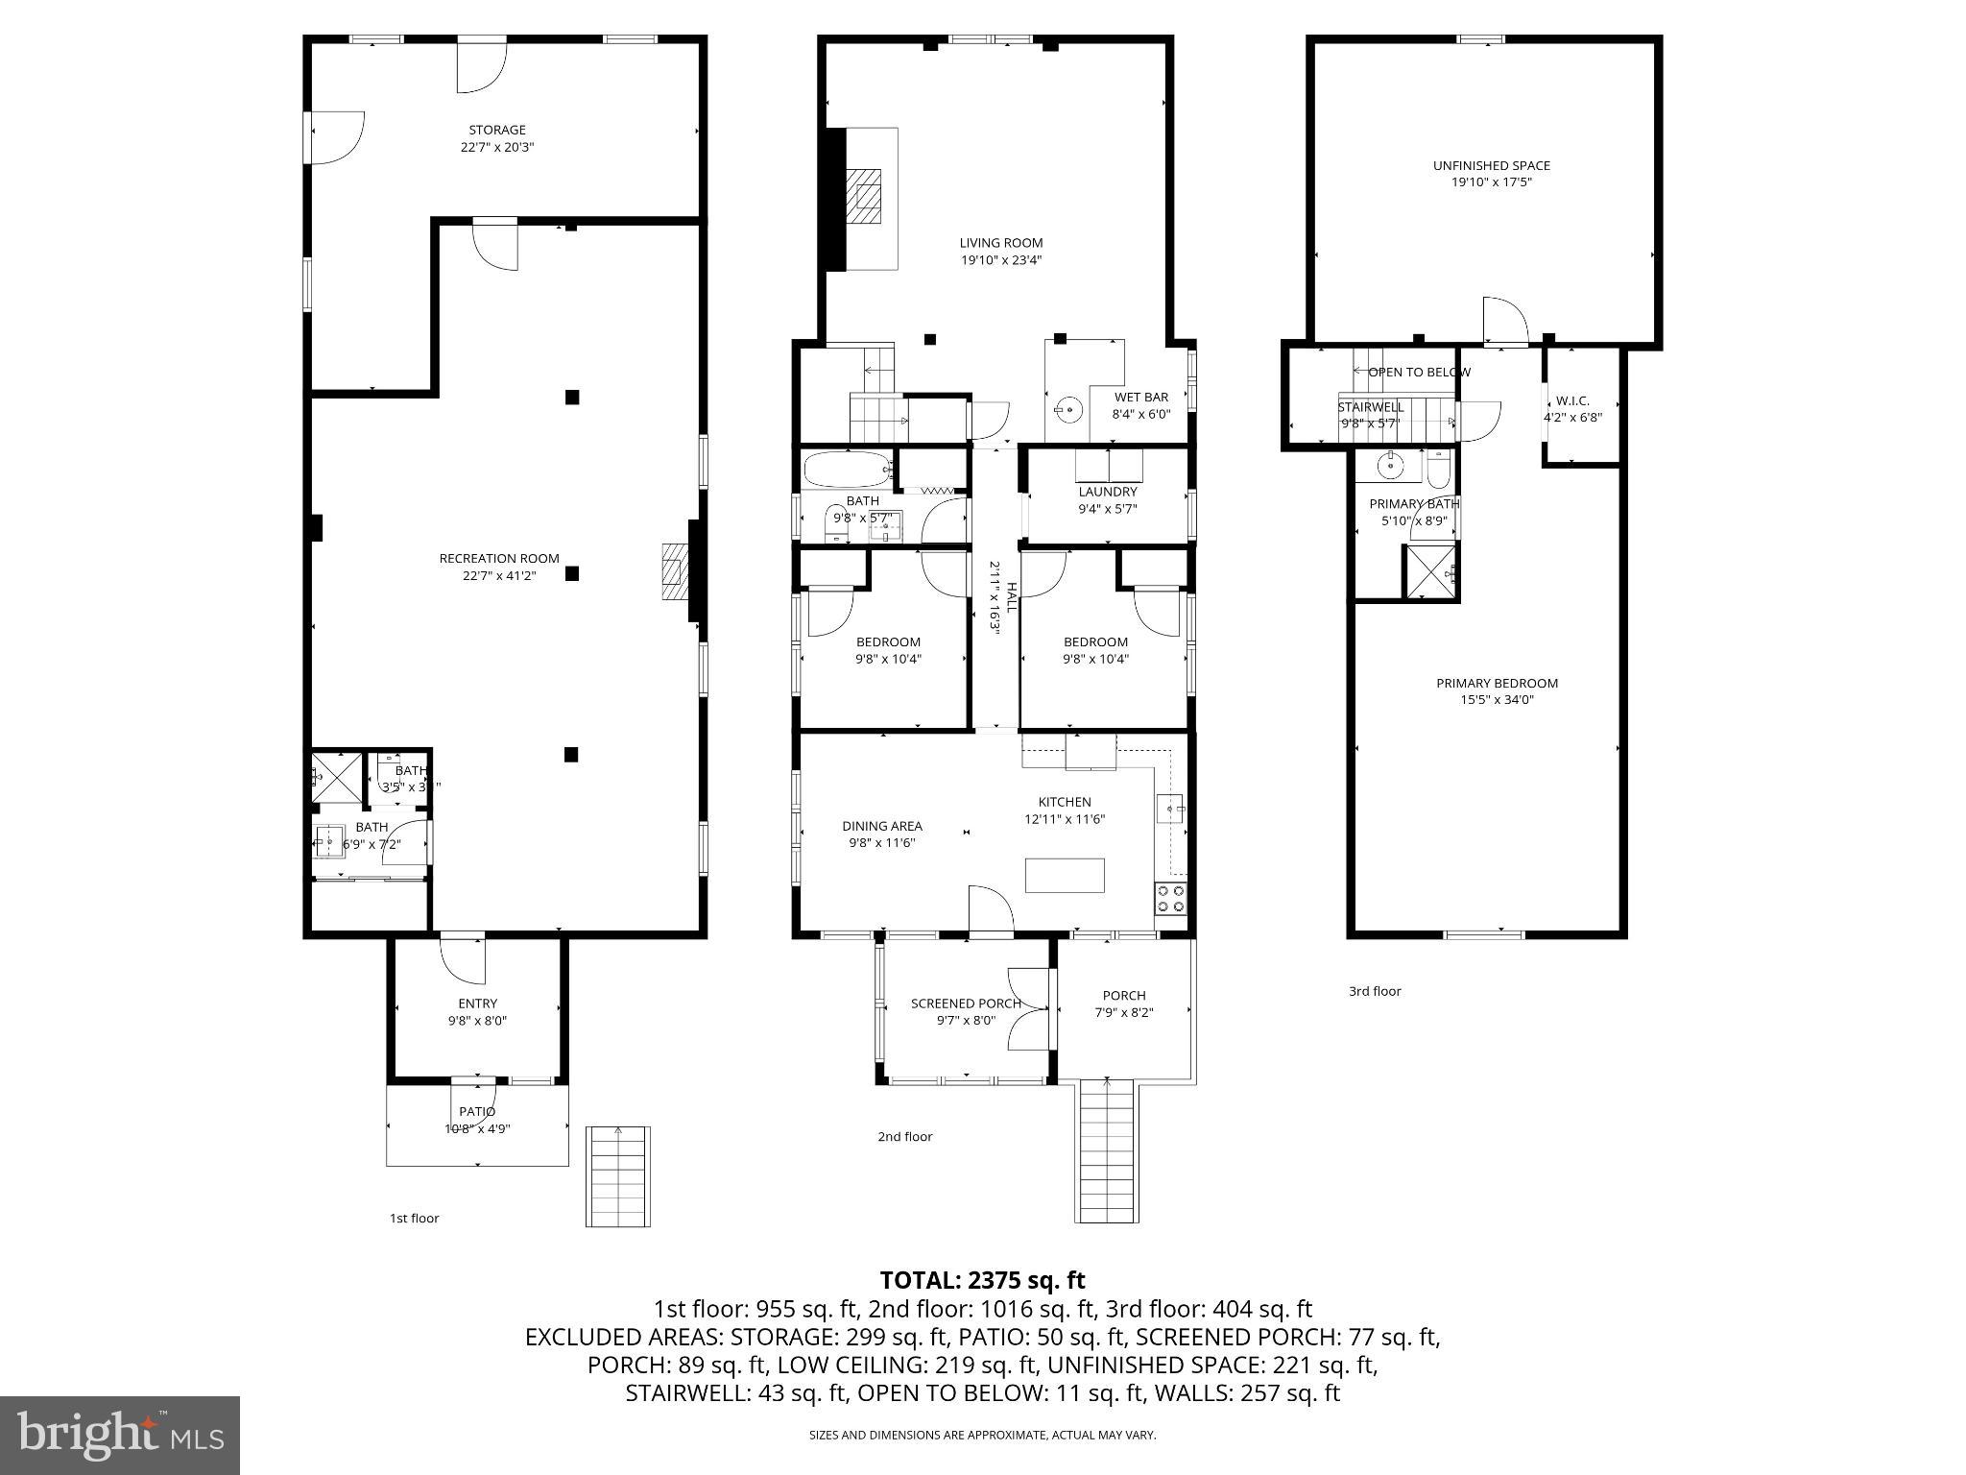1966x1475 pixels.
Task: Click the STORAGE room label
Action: click(x=496, y=130)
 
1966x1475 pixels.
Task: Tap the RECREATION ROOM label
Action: click(x=498, y=558)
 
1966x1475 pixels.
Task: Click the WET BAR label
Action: click(x=1140, y=397)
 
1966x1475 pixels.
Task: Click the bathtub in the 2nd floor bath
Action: click(x=847, y=470)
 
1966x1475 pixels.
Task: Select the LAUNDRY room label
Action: click(x=1107, y=492)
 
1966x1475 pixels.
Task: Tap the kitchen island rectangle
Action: click(x=1065, y=876)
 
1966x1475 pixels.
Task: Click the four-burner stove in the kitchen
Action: click(x=1170, y=899)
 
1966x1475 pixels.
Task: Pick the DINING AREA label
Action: click(x=881, y=826)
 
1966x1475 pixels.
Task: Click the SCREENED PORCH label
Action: click(x=966, y=1003)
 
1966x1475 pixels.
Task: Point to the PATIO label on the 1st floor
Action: click(x=477, y=1111)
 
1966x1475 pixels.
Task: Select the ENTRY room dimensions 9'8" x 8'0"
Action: click(x=477, y=1021)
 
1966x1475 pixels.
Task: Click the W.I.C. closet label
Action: click(x=1572, y=400)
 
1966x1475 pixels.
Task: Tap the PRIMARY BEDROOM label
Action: click(x=1497, y=683)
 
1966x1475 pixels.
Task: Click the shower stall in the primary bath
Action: click(x=1431, y=572)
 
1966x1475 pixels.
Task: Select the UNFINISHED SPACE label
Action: click(x=1491, y=165)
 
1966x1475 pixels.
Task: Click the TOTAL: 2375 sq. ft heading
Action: click(x=982, y=1280)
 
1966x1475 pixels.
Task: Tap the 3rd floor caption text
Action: click(x=1375, y=991)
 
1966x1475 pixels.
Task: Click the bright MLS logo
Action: click(x=120, y=1435)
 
